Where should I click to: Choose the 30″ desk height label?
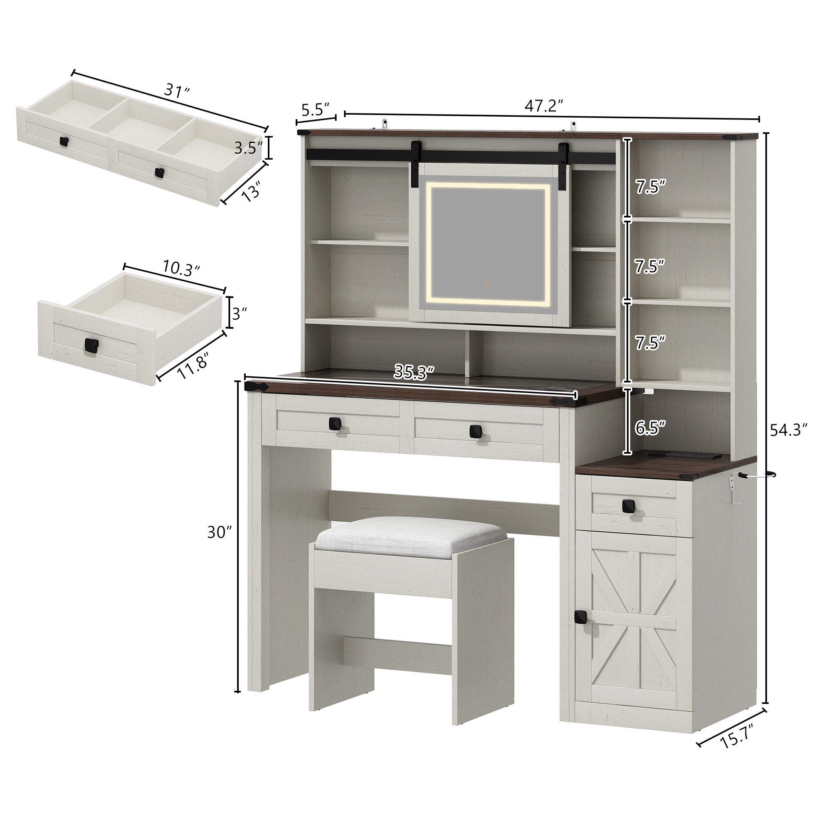(219, 533)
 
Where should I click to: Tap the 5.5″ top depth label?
(315, 110)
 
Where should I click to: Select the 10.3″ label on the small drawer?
(181, 268)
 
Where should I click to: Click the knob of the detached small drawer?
(91, 345)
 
